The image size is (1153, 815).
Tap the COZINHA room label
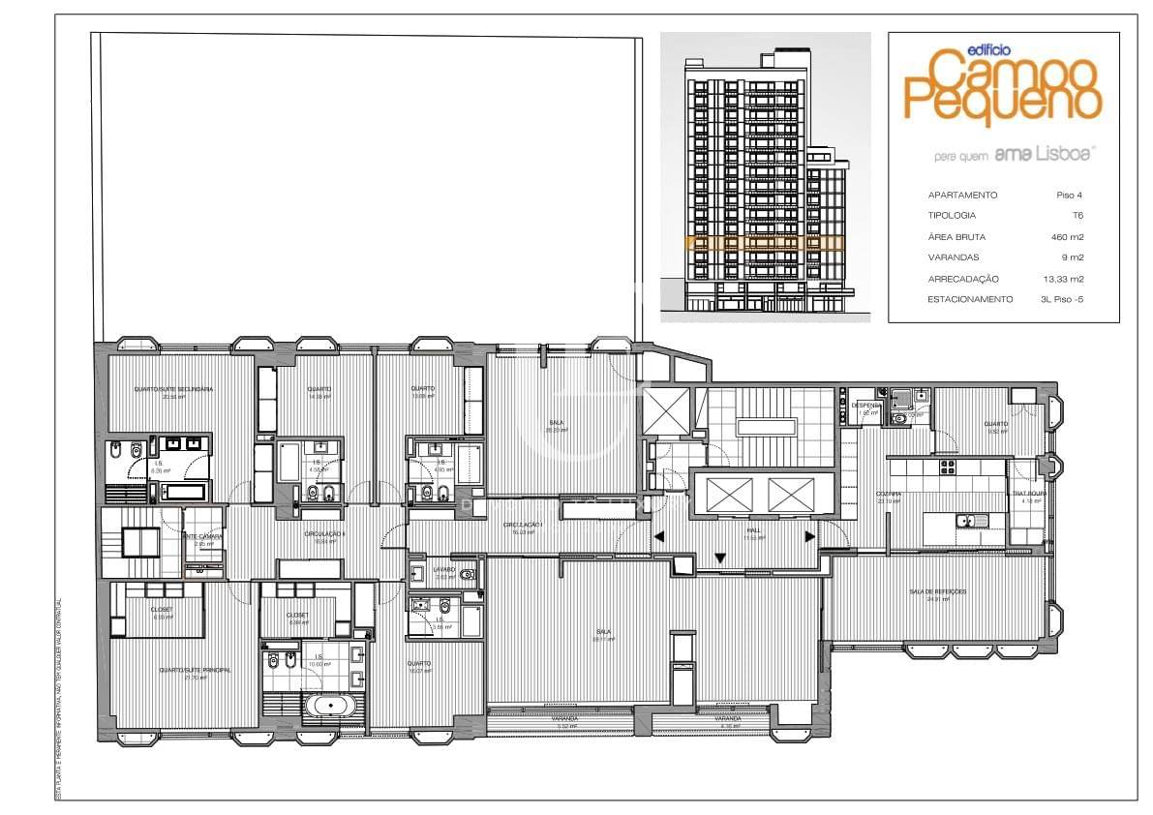click(x=889, y=494)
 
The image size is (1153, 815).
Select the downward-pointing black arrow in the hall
click(x=720, y=558)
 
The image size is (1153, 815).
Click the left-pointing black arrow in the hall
click(x=658, y=536)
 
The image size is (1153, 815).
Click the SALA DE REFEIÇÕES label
click(x=937, y=591)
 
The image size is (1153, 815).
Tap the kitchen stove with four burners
click(x=948, y=466)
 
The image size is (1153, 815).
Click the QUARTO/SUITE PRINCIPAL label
click(x=182, y=669)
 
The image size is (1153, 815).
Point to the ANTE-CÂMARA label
click(x=203, y=536)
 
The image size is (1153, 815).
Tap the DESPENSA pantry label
click(x=866, y=405)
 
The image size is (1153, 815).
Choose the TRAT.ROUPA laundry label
click(x=1029, y=494)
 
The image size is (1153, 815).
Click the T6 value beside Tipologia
click(x=1077, y=216)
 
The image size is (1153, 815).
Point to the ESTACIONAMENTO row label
click(x=970, y=299)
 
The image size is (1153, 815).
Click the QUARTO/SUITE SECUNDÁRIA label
click(x=173, y=389)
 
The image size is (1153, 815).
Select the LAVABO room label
click(x=443, y=569)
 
